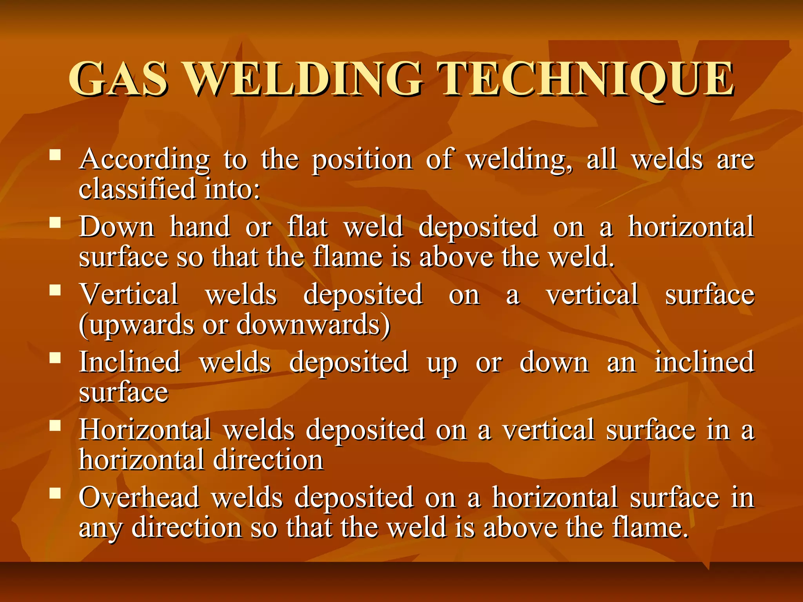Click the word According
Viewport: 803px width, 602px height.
(x=144, y=160)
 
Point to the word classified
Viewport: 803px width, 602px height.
(x=137, y=189)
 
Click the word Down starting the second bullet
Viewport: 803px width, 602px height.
(x=117, y=227)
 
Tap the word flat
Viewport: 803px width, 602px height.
(x=307, y=227)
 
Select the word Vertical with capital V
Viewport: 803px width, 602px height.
(x=129, y=294)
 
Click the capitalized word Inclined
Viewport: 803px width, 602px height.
(x=130, y=362)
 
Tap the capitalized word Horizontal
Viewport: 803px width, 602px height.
(x=145, y=430)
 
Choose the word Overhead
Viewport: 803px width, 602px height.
(x=139, y=497)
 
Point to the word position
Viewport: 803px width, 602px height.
(x=362, y=160)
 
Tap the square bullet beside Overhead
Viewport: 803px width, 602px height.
(x=55, y=493)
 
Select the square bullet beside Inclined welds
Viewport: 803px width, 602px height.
(x=55, y=357)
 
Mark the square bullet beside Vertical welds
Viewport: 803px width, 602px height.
(x=55, y=290)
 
